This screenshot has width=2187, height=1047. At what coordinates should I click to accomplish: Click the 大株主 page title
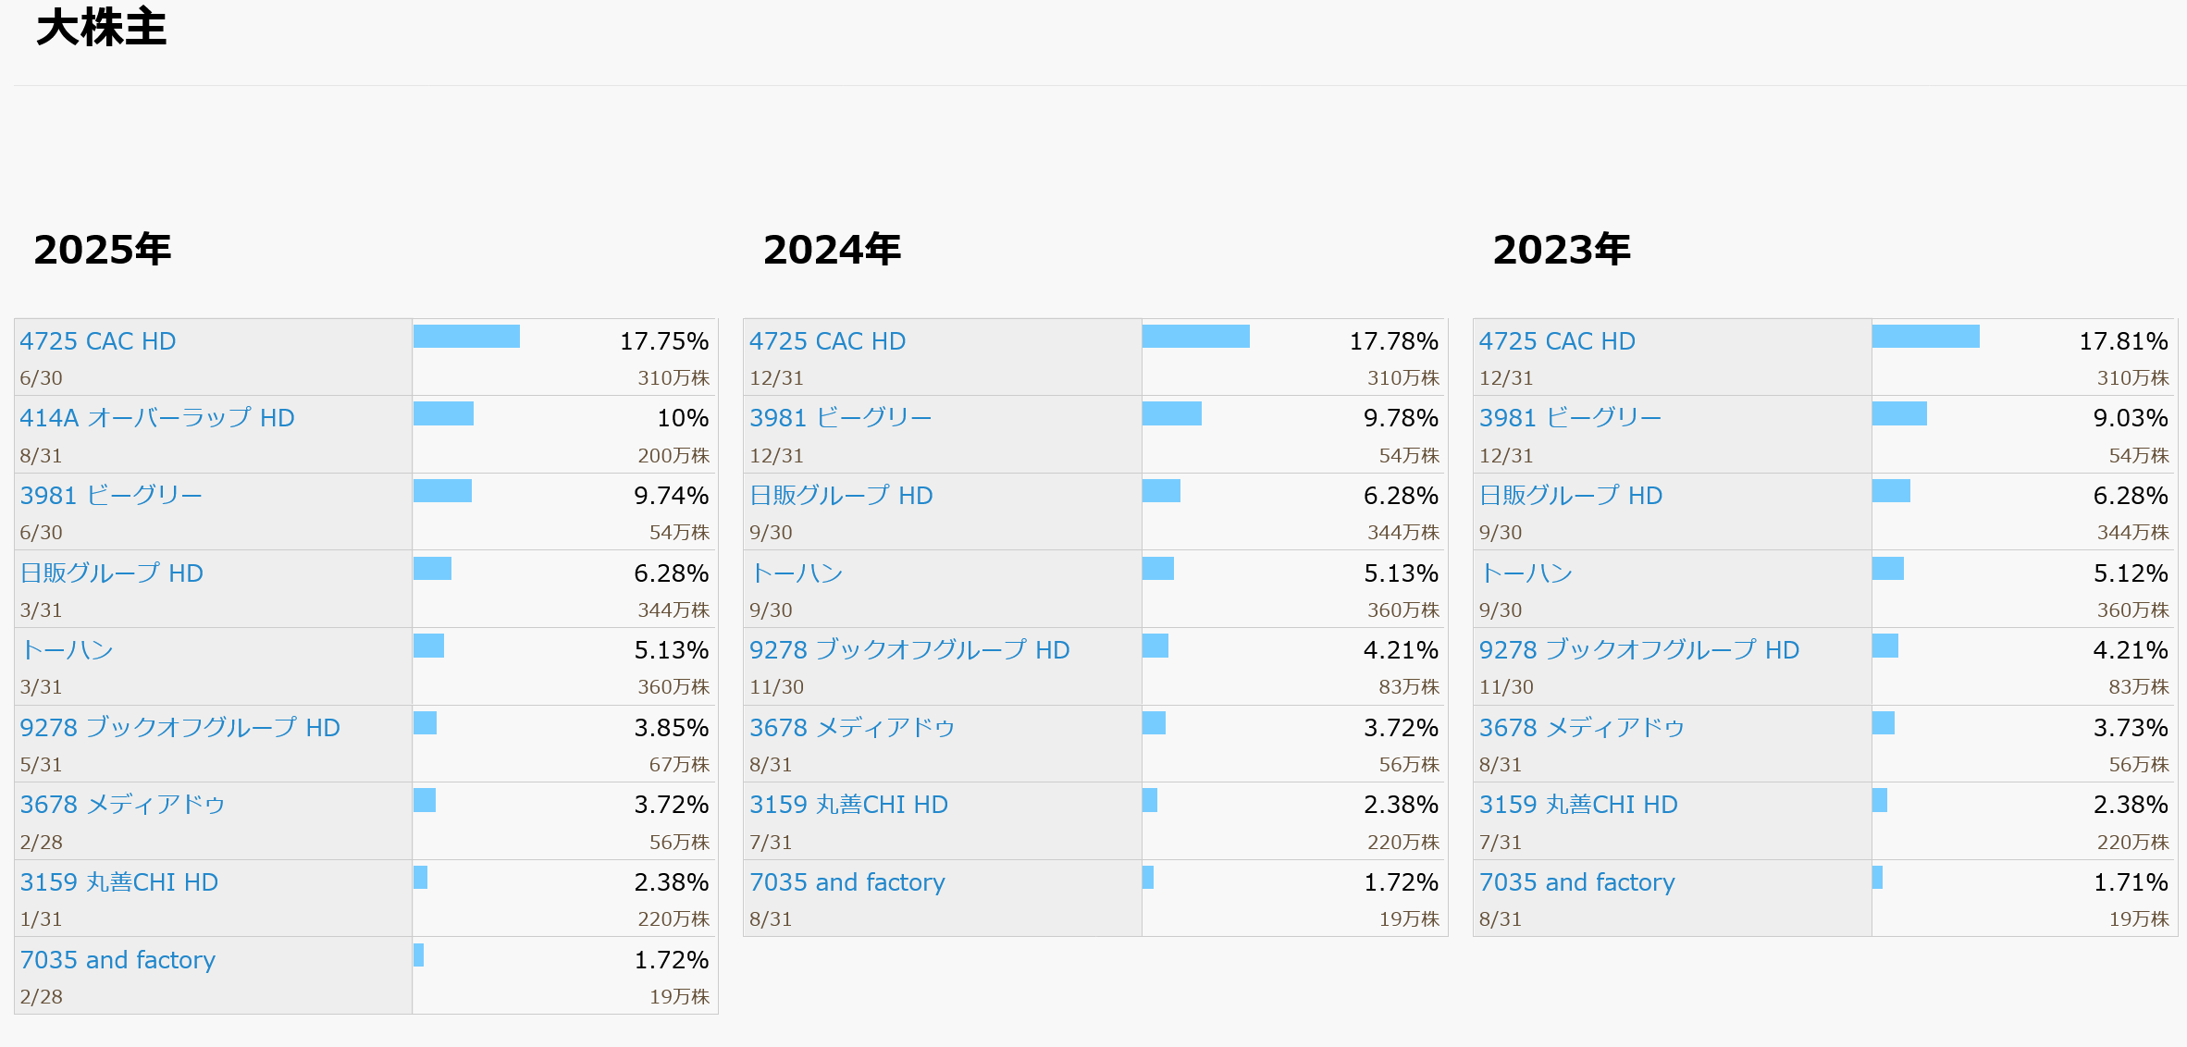[x=101, y=28]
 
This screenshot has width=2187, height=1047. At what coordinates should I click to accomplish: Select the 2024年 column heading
[x=832, y=250]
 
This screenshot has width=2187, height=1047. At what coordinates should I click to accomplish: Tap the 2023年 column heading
[x=1562, y=250]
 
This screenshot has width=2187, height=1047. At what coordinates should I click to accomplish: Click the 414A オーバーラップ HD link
[x=157, y=418]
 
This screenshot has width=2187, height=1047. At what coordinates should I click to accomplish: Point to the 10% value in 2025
[x=683, y=418]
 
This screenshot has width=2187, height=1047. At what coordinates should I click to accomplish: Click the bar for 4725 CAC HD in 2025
[x=466, y=336]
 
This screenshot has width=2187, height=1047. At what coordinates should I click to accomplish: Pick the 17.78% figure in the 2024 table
[x=1393, y=341]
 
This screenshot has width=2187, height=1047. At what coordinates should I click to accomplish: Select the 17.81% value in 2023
[x=2123, y=341]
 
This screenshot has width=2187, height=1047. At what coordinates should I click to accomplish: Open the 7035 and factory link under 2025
[x=117, y=960]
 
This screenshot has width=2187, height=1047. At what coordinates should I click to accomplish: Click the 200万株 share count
[x=673, y=456]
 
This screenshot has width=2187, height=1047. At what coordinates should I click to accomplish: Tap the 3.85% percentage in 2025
[x=671, y=728]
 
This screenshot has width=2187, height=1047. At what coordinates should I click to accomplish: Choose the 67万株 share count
[x=679, y=765]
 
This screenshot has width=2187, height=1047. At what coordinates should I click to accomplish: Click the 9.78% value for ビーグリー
[x=1401, y=418]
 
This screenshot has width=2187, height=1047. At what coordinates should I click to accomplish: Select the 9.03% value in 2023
[x=2131, y=418]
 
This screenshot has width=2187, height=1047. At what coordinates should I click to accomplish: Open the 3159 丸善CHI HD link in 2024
[x=848, y=805]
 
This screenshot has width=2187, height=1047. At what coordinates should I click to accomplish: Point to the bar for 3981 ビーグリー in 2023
[x=1899, y=413]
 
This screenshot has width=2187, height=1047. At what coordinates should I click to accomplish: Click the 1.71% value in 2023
[x=2131, y=882]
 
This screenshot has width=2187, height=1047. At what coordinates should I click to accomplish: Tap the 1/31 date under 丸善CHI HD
[x=42, y=919]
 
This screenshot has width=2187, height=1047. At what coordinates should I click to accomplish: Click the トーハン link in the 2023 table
[x=1526, y=573]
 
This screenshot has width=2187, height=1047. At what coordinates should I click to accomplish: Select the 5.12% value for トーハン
[x=2131, y=573]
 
